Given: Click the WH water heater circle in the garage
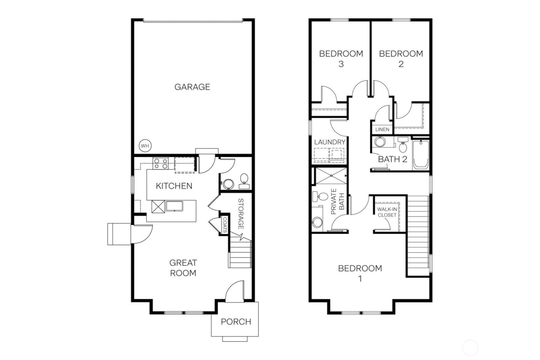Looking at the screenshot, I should coord(145,146).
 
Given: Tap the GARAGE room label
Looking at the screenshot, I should coord(192,87).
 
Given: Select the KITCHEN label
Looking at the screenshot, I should coord(174,186).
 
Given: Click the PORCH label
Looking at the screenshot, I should coord(236,321).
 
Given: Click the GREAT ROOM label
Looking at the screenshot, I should coord(183,268).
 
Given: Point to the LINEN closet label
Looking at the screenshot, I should coord(382,129).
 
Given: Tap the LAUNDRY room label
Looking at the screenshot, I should coord(330,142).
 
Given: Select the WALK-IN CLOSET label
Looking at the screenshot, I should coord(387,212).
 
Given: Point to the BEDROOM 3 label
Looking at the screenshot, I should coord(341,59).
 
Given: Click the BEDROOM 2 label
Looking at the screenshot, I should coord(401,59).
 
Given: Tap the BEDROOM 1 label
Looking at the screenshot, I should coord(360,273).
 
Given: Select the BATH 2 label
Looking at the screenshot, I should coord(393,159).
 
